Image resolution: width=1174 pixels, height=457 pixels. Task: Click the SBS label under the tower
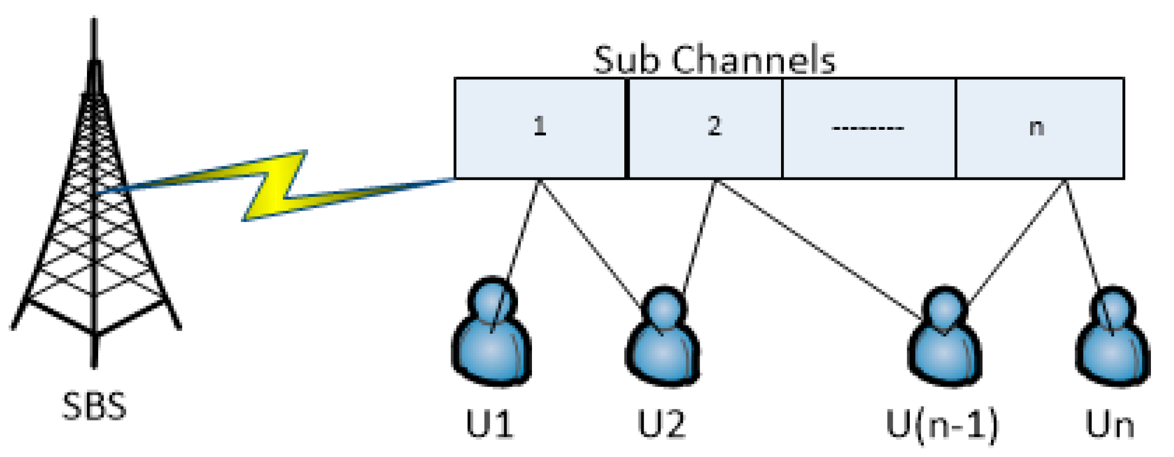click(x=94, y=406)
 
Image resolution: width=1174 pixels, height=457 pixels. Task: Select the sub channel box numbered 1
click(x=539, y=128)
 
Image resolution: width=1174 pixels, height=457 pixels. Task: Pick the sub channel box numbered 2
click(x=704, y=128)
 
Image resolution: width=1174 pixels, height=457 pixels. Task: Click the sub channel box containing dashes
click(x=868, y=128)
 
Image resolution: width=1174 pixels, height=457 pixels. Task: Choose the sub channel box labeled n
click(x=1039, y=128)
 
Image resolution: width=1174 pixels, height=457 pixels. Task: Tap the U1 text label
click(x=489, y=424)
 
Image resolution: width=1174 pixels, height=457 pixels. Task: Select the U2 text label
click(x=661, y=424)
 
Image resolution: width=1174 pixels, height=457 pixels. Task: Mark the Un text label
click(x=1109, y=424)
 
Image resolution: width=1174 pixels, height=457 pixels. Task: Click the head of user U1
click(x=492, y=299)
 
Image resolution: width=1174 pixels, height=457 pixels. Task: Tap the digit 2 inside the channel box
click(x=714, y=127)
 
